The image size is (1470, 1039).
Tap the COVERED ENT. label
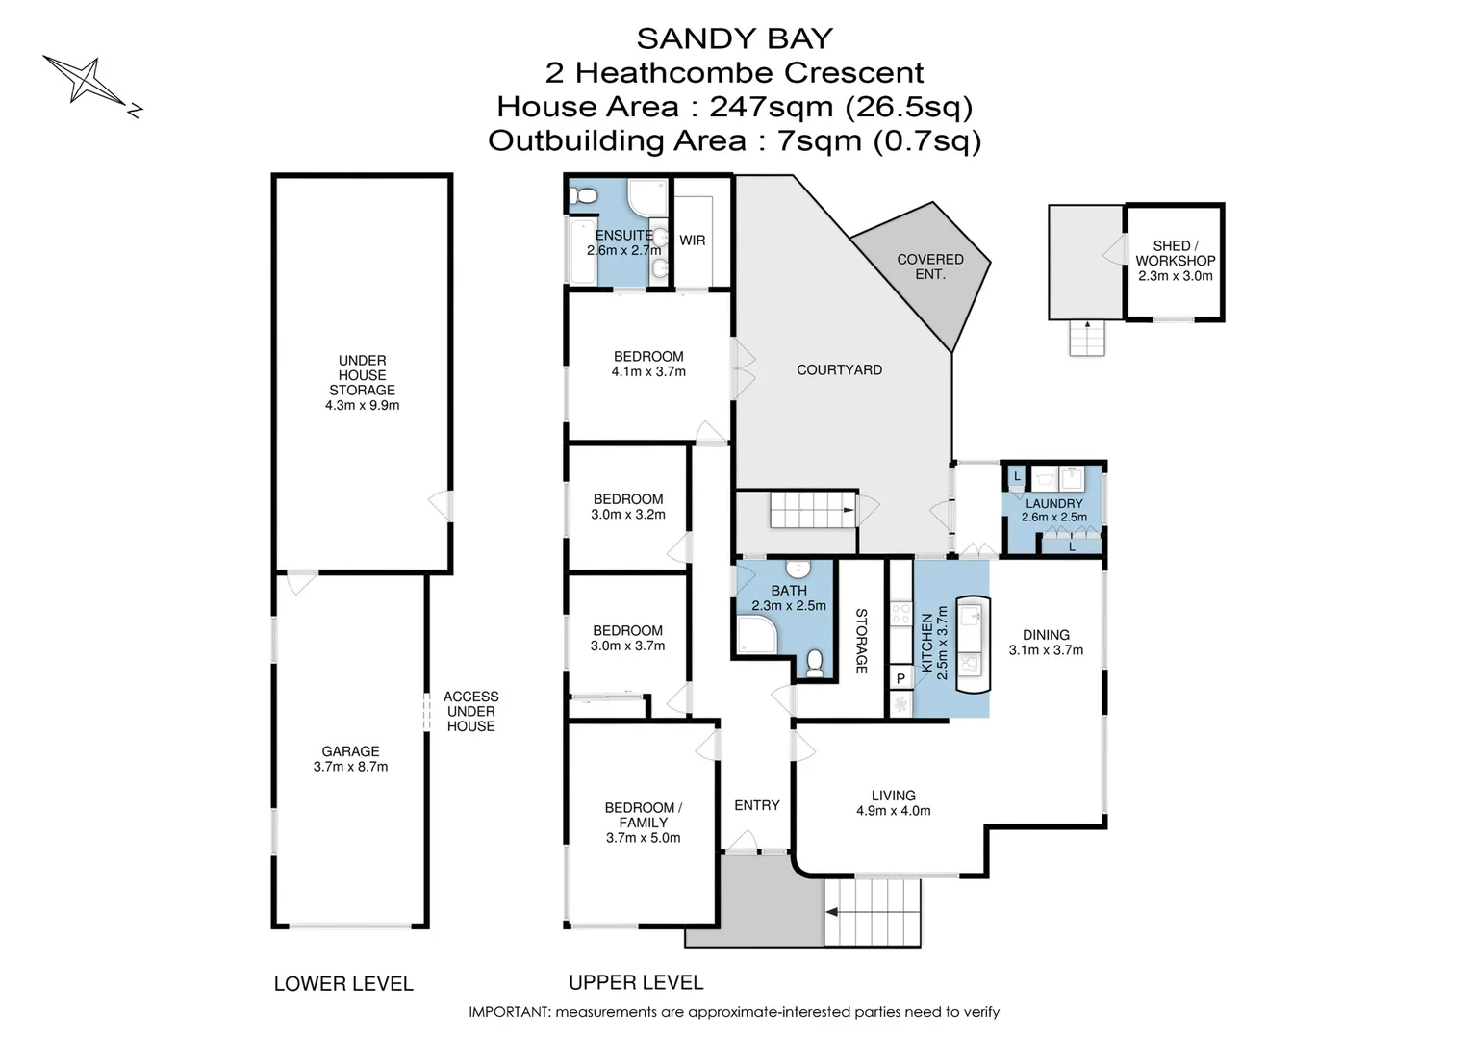coord(929,266)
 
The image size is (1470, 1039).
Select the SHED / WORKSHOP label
coord(1175,253)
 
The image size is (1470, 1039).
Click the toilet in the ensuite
coord(583,197)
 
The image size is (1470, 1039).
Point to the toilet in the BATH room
coord(815,663)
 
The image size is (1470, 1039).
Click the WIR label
coord(692,241)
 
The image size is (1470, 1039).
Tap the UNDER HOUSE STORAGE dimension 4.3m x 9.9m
coord(362,406)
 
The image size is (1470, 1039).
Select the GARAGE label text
coord(350,751)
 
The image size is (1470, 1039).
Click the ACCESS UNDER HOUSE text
coord(470,711)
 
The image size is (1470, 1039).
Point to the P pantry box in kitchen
coord(900,678)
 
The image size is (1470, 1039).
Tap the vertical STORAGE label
coord(861,641)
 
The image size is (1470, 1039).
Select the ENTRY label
coord(756,805)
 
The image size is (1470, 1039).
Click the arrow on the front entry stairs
coord(833,911)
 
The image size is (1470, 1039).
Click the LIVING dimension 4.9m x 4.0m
coord(893,811)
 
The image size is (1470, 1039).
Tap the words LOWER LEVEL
coord(343,983)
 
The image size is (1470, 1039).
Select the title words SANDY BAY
coord(734,38)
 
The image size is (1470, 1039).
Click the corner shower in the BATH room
coord(755,635)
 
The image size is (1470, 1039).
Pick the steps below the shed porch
coord(1087,338)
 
